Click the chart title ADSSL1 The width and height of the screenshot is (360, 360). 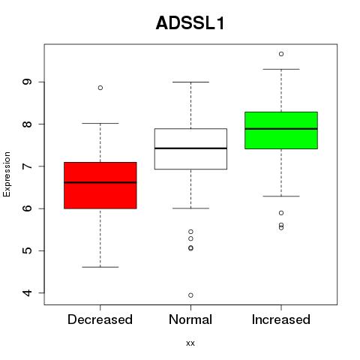click(x=190, y=23)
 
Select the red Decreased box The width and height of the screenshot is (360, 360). click(x=100, y=185)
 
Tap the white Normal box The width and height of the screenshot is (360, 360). click(x=190, y=149)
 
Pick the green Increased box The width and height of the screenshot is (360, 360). click(x=281, y=130)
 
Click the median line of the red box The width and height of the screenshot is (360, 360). click(x=100, y=182)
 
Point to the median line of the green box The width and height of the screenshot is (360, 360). click(x=281, y=129)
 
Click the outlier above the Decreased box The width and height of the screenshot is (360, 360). click(x=100, y=88)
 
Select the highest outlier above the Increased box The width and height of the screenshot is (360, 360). click(x=281, y=54)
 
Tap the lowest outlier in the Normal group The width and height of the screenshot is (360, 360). click(x=190, y=295)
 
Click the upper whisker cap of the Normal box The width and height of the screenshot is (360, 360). click(x=190, y=82)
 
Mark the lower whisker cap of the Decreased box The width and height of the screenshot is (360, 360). click(x=100, y=267)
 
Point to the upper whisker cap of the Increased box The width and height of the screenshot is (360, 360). click(x=281, y=69)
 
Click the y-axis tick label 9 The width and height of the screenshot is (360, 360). click(x=27, y=82)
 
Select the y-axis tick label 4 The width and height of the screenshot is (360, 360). click(x=27, y=292)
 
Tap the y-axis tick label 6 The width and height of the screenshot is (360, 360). click(x=27, y=208)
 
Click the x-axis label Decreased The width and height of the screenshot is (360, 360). click(x=100, y=319)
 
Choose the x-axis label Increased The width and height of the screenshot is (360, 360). click(x=281, y=319)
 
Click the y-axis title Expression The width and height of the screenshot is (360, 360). click(x=7, y=174)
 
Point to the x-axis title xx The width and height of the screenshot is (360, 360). click(x=190, y=343)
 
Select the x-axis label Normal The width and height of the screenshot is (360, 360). click(x=190, y=319)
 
